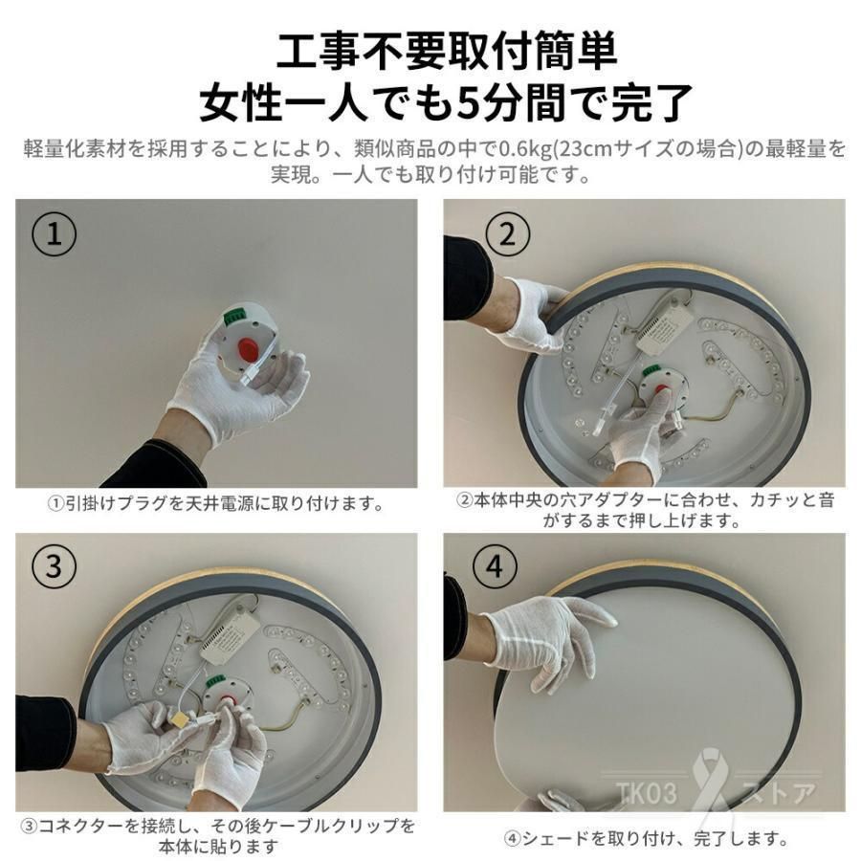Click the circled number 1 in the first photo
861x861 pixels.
54,234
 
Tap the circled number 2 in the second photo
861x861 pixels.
508,233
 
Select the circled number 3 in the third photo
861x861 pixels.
54,565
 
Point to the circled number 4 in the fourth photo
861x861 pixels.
495,565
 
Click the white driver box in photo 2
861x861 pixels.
662,328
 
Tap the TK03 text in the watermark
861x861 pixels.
647,792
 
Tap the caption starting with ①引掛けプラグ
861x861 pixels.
216,503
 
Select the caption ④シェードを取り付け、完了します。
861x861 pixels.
646,838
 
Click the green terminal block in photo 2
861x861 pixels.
654,371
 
